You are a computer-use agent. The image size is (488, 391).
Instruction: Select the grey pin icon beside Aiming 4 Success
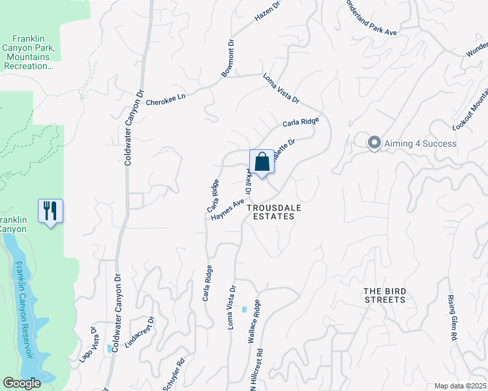pyautogui.click(x=374, y=143)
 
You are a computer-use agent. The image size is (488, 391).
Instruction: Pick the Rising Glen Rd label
pyautogui.click(x=451, y=317)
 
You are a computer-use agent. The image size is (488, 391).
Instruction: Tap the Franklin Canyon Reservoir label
pyautogui.click(x=26, y=311)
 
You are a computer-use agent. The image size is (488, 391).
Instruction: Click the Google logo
pyautogui.click(x=22, y=383)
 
